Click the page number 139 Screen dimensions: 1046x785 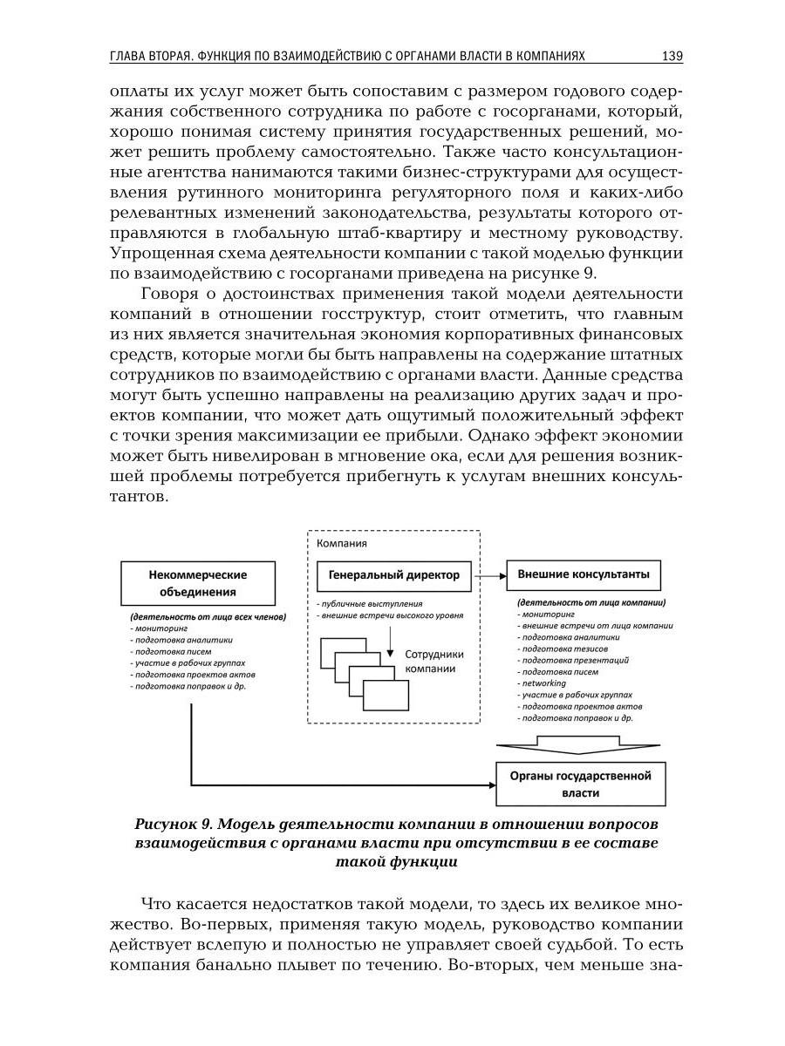click(x=672, y=57)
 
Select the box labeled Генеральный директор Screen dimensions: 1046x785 click(x=393, y=575)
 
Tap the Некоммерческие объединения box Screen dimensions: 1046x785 click(x=197, y=583)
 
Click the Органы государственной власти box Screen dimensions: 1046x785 click(x=580, y=784)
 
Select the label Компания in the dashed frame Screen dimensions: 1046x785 click(x=341, y=542)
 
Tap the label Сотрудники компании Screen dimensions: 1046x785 click(x=434, y=662)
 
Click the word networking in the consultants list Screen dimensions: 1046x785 click(x=543, y=683)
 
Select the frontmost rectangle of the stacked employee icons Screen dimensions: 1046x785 click(x=386, y=696)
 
